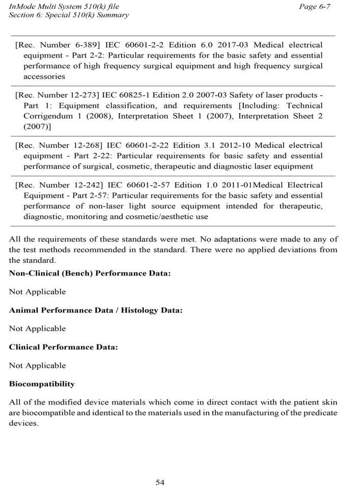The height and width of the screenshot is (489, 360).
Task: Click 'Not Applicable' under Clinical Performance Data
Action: tap(37, 365)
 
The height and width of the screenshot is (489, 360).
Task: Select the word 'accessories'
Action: tap(44, 76)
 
